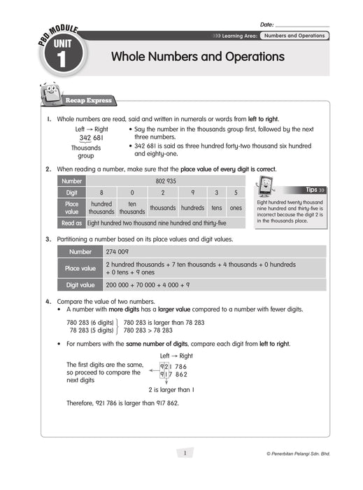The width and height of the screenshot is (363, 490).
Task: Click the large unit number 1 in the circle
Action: [x=60, y=61]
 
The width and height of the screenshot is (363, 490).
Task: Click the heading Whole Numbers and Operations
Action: [x=198, y=56]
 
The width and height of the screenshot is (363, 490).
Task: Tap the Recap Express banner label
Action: [x=88, y=100]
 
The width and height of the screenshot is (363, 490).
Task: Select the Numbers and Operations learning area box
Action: [x=294, y=35]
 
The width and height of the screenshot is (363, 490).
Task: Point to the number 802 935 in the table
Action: [x=165, y=181]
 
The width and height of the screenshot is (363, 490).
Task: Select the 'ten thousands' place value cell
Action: [x=131, y=208]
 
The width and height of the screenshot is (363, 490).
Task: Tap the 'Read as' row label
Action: [x=71, y=223]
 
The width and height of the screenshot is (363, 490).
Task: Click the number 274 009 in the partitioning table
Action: [x=117, y=252]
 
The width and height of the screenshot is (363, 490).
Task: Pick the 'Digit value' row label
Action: [x=80, y=285]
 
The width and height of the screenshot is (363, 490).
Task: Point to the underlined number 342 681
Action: [x=92, y=138]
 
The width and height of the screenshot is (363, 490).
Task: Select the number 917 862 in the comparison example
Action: [x=173, y=374]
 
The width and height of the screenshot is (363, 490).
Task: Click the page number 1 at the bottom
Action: [x=185, y=453]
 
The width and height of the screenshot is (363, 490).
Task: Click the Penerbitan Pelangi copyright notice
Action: [x=299, y=454]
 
